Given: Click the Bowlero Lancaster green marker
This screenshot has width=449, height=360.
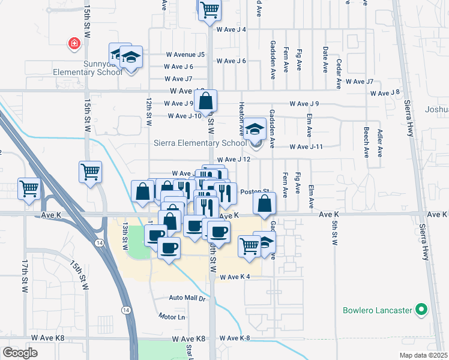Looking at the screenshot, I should (421, 310).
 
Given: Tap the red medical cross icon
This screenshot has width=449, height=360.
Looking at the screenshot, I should (74, 44).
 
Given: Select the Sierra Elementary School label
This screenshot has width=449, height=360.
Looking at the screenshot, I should (200, 143).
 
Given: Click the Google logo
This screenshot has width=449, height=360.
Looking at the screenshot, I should (20, 352).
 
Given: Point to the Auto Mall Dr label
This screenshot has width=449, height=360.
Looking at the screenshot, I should (187, 298).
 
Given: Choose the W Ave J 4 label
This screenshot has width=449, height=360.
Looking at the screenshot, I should (231, 29).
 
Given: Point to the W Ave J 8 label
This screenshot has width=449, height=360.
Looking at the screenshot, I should (385, 93).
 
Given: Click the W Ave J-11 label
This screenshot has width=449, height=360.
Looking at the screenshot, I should (306, 146).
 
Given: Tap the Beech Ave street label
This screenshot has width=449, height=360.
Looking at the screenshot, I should (366, 141).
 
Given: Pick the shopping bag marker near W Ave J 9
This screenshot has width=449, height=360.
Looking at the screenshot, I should (205, 101).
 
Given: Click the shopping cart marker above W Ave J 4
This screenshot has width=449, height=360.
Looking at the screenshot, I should (209, 9).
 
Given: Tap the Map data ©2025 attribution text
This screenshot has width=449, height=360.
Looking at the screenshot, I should (424, 355).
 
